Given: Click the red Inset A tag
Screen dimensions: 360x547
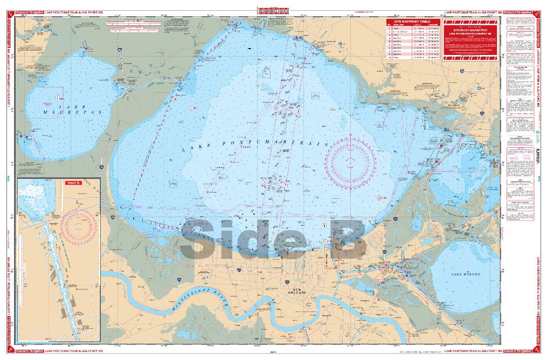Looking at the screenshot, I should pyautogui.click(x=74, y=183).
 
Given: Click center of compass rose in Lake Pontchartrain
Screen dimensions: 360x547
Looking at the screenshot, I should pyautogui.click(x=350, y=161).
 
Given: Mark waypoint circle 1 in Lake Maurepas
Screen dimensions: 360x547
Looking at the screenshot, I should pyautogui.click(x=57, y=97).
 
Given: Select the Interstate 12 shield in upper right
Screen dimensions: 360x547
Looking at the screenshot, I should pyautogui.click(x=463, y=70).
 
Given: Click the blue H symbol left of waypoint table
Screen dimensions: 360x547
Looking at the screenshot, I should pyautogui.click(x=340, y=44).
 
